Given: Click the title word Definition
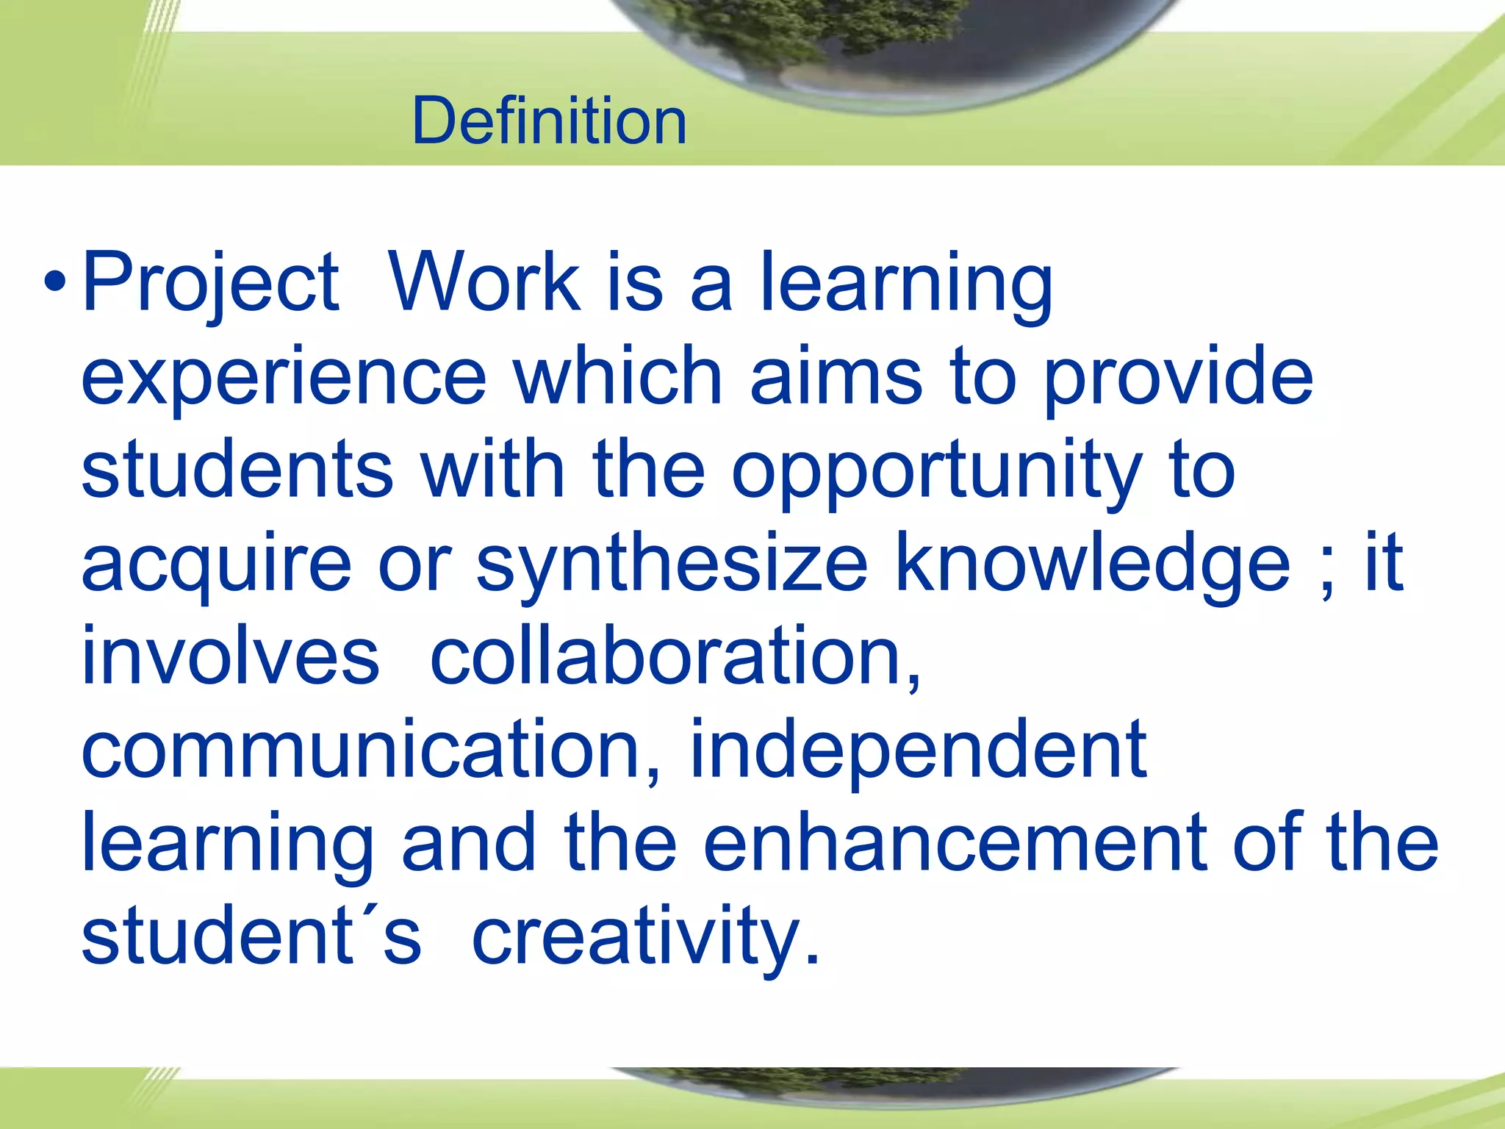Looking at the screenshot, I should [x=549, y=121].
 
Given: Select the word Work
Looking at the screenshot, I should [x=485, y=282].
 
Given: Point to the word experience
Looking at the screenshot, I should [x=284, y=377].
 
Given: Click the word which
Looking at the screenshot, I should [x=618, y=376].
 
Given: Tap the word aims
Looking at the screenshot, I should [x=836, y=376].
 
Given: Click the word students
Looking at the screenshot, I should [x=237, y=470].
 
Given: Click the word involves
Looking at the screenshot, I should [x=230, y=656].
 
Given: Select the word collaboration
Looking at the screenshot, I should [x=675, y=656].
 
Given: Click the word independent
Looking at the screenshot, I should [x=918, y=750].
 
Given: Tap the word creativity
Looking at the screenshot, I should [x=644, y=938].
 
